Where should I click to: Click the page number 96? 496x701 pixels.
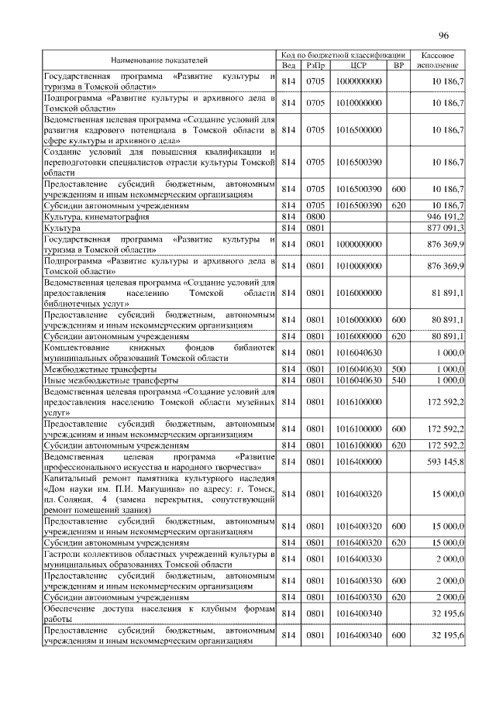pyautogui.click(x=444, y=36)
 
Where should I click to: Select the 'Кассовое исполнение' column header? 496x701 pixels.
pyautogui.click(x=441, y=60)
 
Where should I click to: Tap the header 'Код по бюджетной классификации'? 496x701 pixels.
pyautogui.click(x=343, y=55)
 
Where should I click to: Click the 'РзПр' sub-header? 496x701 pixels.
pyautogui.click(x=315, y=65)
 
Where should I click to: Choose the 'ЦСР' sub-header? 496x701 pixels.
pyautogui.click(x=358, y=65)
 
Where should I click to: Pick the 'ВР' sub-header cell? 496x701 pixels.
pyautogui.click(x=398, y=65)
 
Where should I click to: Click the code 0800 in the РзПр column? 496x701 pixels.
pyautogui.click(x=315, y=218)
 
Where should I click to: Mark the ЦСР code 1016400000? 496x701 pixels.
pyautogui.click(x=358, y=462)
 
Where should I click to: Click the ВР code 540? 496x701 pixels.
pyautogui.click(x=398, y=381)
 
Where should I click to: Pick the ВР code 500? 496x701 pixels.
pyautogui.click(x=398, y=370)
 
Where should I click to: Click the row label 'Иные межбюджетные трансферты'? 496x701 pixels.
pyautogui.click(x=112, y=381)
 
